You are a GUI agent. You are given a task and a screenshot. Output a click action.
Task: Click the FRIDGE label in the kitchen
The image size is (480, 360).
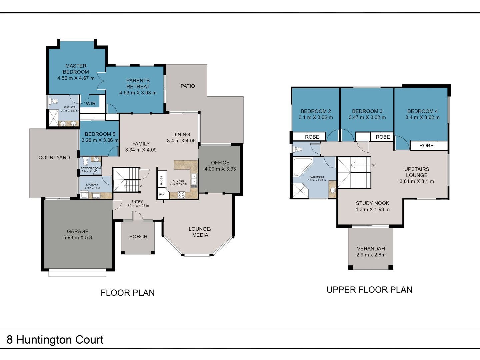162,181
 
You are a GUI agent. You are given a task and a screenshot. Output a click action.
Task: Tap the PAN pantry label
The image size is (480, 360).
162,194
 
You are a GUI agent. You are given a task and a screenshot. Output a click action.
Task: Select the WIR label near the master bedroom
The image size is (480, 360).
91,104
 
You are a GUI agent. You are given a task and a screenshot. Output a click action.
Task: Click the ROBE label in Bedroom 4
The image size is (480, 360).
426,146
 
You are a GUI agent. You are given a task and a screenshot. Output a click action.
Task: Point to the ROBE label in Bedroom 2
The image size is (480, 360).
312,137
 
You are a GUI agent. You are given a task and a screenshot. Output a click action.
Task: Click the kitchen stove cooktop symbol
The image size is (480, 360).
181,195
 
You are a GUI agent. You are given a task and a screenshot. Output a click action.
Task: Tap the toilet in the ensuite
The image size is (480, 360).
53,101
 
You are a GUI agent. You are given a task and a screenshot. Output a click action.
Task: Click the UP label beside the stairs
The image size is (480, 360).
142,186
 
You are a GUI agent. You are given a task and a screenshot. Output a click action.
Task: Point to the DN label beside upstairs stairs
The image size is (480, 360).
373,165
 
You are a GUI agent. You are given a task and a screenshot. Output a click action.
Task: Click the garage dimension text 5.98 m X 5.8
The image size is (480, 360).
78,237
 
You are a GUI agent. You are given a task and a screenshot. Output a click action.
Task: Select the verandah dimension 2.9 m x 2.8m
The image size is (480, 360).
371,255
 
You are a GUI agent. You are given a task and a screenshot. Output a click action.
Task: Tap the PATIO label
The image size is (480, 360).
188,86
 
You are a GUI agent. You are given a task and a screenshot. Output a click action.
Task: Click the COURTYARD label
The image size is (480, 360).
54,158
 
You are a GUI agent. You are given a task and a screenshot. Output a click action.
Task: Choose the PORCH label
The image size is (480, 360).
138,237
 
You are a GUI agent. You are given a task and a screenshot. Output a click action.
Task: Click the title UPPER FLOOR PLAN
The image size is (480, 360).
370,290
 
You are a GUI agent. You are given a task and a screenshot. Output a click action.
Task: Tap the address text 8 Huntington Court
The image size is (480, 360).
55,340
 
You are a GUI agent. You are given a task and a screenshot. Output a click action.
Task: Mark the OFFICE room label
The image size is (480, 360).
220,163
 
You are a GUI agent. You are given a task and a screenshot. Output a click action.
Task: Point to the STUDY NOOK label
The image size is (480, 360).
372,203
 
